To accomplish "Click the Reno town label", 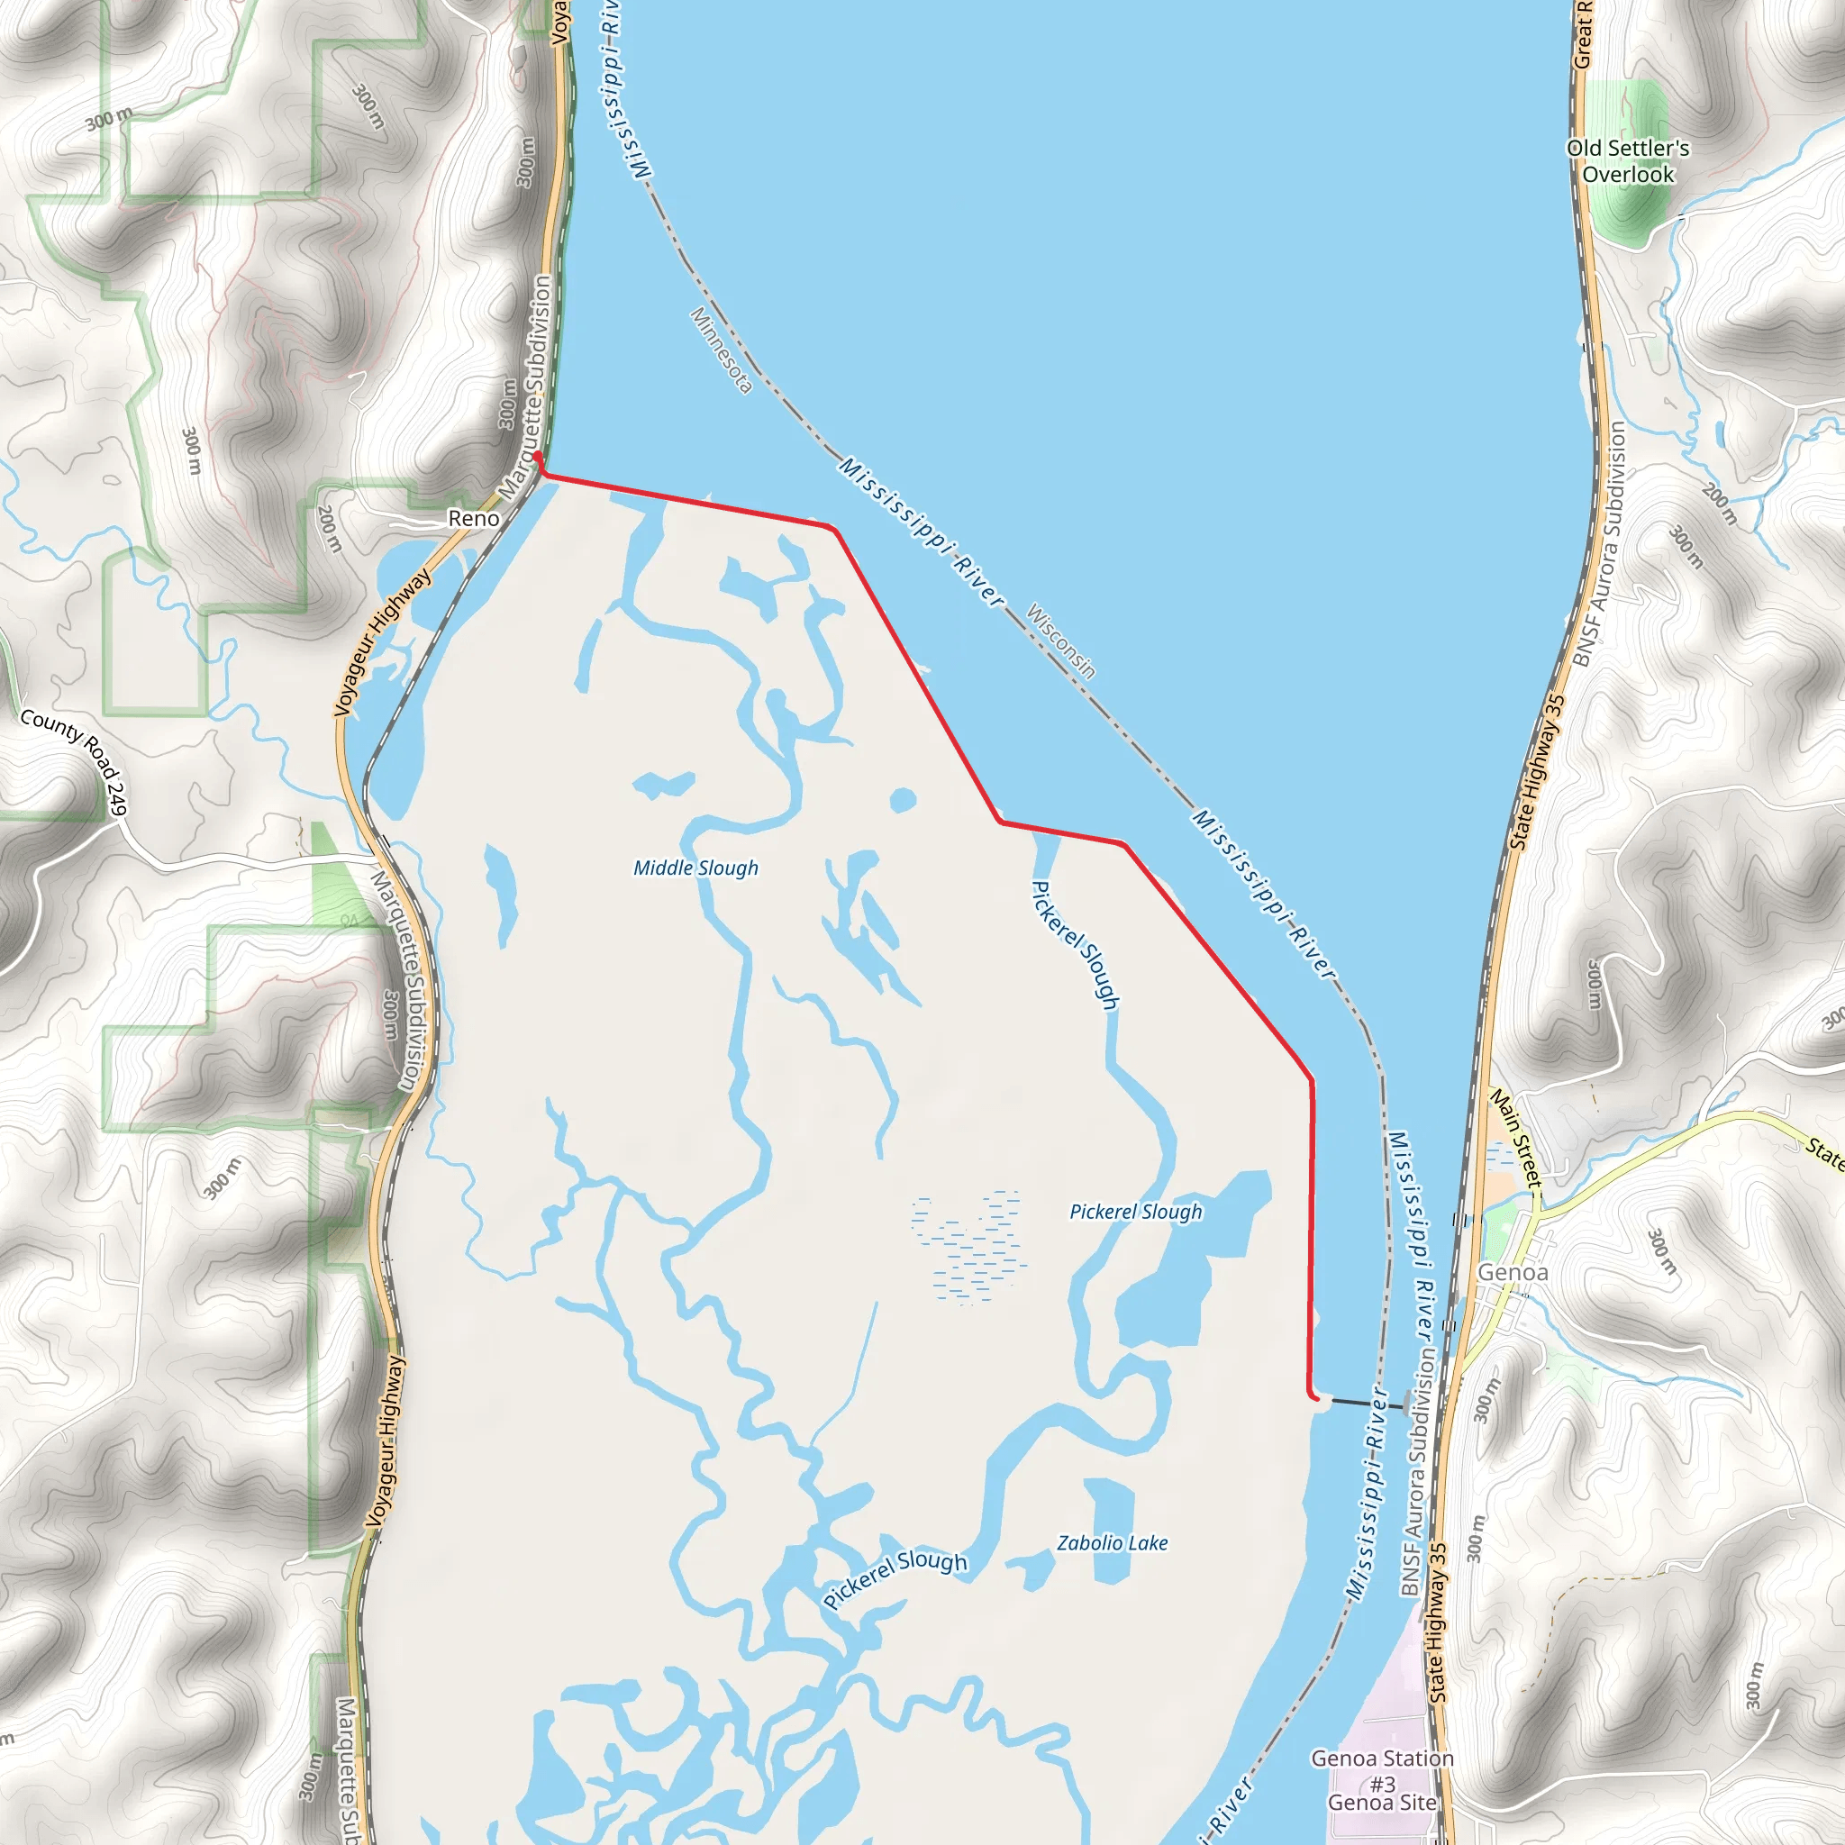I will [474, 519].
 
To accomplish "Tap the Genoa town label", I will [1513, 1272].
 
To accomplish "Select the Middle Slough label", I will [696, 868].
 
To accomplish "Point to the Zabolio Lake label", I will [1113, 1543].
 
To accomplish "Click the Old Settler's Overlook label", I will [1628, 161].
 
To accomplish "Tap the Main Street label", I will [1517, 1140].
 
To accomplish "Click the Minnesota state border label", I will [722, 350].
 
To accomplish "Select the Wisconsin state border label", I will [1061, 641].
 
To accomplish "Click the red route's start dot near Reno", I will [538, 457].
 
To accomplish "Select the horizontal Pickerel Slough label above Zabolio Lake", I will [1135, 1212].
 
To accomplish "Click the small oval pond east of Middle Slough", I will [903, 800].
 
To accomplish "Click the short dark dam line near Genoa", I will [1367, 1404].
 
